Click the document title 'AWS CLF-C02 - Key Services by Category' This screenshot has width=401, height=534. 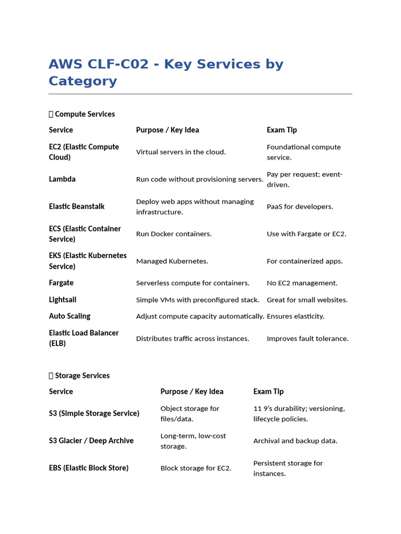click(x=166, y=72)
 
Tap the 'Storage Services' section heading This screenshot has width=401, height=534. click(x=82, y=375)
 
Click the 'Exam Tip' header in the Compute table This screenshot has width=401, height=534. click(x=281, y=130)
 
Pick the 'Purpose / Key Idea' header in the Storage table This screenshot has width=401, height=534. click(x=192, y=392)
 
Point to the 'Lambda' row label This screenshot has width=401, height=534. click(x=62, y=179)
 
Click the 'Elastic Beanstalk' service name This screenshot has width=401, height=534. click(x=77, y=207)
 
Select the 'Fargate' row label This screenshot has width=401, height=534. click(x=61, y=283)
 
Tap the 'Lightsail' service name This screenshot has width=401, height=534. click(x=63, y=299)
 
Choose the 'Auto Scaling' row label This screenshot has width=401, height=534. click(x=69, y=316)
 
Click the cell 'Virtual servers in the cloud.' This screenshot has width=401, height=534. click(x=181, y=152)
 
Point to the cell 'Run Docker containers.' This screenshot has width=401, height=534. click(x=174, y=234)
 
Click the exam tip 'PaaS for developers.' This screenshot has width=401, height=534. click(x=300, y=207)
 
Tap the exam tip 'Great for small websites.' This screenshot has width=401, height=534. click(x=307, y=300)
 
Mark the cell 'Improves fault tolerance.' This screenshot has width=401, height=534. click(x=308, y=338)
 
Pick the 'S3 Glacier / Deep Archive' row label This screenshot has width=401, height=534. click(x=91, y=441)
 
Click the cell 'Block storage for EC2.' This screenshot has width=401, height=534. click(x=196, y=468)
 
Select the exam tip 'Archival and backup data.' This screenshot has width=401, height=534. click(x=295, y=441)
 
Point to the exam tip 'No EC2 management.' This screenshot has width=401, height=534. click(x=302, y=283)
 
